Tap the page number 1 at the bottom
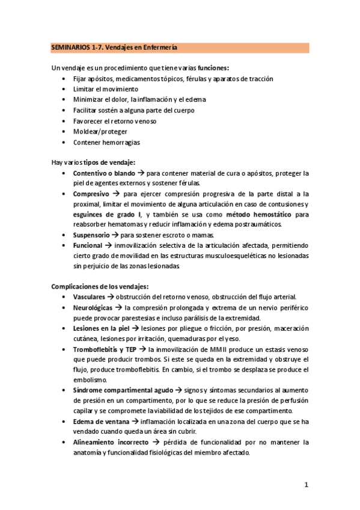pos(306,484)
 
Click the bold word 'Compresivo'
pos(91,194)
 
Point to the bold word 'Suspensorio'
pos(93,235)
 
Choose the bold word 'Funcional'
pos(88,245)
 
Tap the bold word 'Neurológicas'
pos(93,307)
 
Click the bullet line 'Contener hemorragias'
pos(106,142)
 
